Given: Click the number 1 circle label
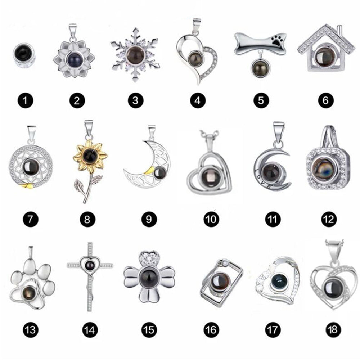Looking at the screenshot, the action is [26, 100].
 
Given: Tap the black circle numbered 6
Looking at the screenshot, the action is [325, 100].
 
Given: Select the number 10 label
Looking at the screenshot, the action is [211, 219].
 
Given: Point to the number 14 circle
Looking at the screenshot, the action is [90, 330].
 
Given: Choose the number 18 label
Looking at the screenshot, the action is [333, 330].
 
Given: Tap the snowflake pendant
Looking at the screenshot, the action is [135, 55].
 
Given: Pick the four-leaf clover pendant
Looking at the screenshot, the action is [149, 276].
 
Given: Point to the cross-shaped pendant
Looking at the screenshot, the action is [90, 276].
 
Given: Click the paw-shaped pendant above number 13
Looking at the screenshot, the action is [32, 280].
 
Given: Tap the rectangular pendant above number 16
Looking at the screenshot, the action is [221, 283].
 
